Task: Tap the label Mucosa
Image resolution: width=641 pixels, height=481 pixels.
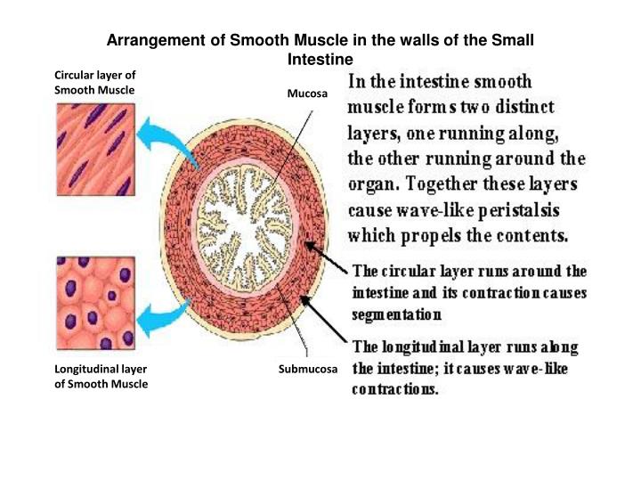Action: [x=307, y=93]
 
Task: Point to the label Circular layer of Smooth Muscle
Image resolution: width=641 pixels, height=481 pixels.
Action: [x=94, y=83]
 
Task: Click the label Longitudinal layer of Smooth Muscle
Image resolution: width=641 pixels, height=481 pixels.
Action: [x=101, y=376]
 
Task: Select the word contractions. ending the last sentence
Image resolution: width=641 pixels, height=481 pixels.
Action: [x=395, y=390]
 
